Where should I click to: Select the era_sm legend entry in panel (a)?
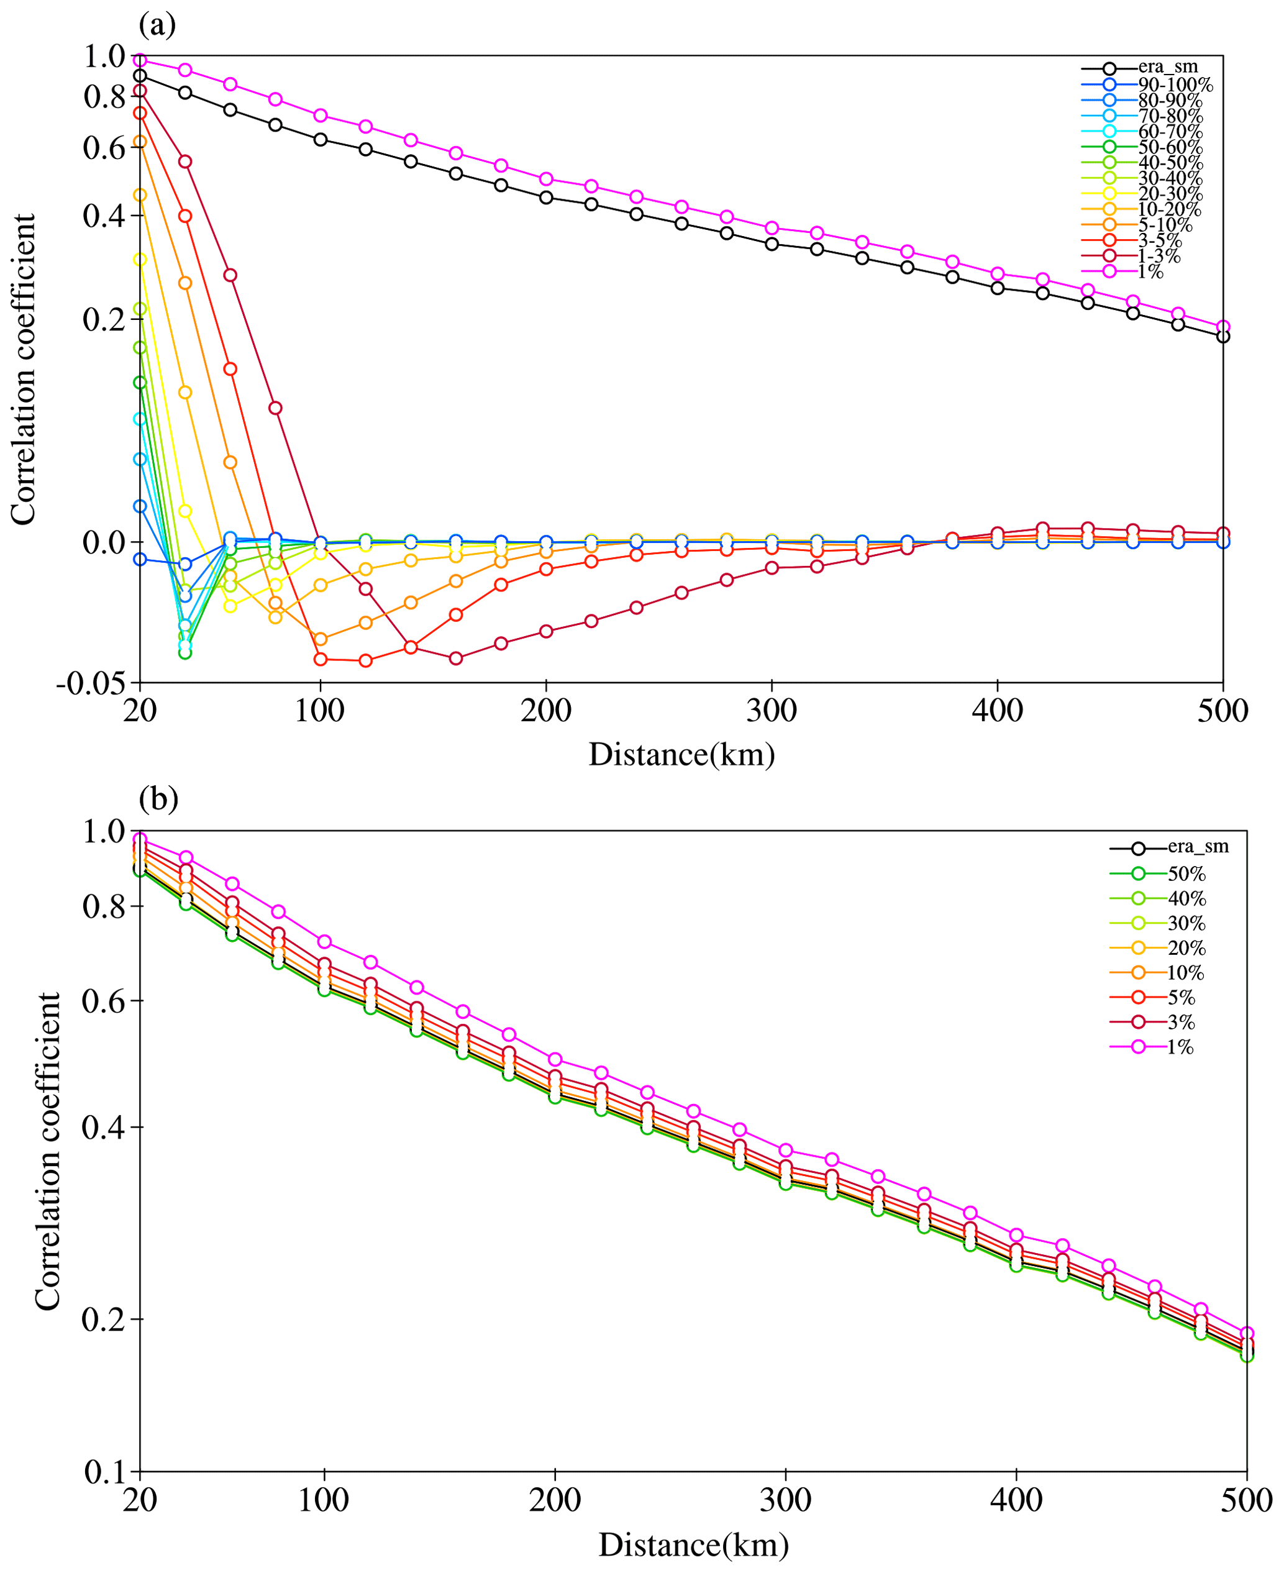pyautogui.click(x=1167, y=67)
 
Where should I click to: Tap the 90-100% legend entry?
pyautogui.click(x=1175, y=84)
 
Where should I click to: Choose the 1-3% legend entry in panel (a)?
pyautogui.click(x=1159, y=256)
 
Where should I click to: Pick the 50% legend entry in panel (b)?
pyautogui.click(x=1186, y=874)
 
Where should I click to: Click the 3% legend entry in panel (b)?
pyautogui.click(x=1181, y=1022)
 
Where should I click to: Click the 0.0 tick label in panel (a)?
pyautogui.click(x=104, y=542)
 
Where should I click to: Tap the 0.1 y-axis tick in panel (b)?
pyautogui.click(x=105, y=1472)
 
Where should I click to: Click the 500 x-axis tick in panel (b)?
pyautogui.click(x=1246, y=1500)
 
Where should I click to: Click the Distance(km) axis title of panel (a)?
pyautogui.click(x=681, y=755)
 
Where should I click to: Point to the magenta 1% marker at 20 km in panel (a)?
pyautogui.click(x=140, y=60)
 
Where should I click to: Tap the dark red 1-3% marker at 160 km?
pyautogui.click(x=455, y=658)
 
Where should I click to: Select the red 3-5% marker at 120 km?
pyautogui.click(x=365, y=660)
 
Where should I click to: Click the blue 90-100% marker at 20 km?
pyautogui.click(x=140, y=559)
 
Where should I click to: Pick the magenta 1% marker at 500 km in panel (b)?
pyautogui.click(x=1247, y=1333)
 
